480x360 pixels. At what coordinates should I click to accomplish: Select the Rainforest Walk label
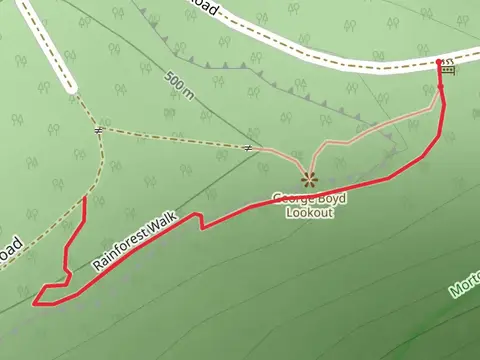133,243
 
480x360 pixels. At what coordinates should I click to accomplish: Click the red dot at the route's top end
439,62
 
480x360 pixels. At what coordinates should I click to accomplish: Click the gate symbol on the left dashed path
98,130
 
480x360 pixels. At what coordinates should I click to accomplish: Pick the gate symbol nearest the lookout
247,148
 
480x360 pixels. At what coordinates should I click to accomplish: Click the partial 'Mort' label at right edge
465,286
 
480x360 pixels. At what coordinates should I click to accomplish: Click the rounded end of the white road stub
71,89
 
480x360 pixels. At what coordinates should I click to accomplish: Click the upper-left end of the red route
84,199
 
